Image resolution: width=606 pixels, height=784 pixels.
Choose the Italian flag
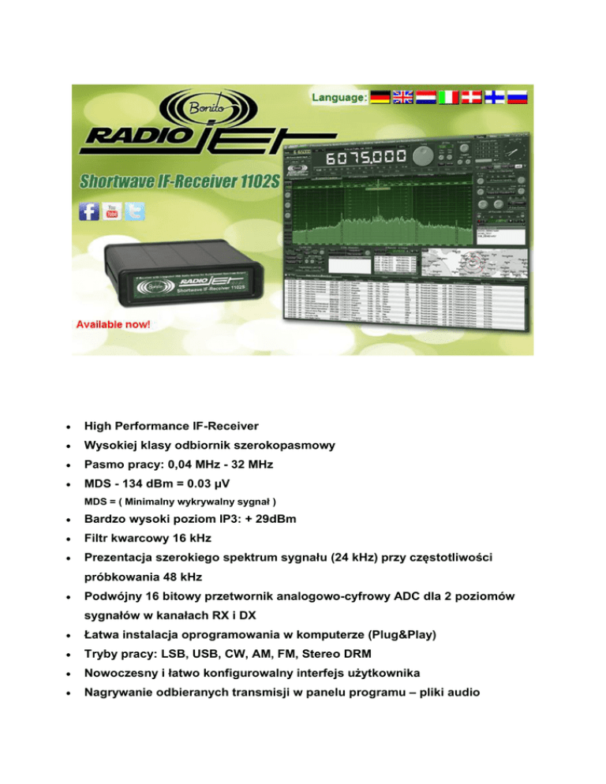449,98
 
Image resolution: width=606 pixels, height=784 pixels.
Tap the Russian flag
518,98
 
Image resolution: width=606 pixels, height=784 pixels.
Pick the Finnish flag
495,98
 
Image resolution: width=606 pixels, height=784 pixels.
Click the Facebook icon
88,211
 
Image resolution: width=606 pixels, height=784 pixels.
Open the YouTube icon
111,211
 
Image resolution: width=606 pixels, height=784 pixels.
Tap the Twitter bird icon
134,211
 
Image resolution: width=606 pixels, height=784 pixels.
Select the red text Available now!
114,324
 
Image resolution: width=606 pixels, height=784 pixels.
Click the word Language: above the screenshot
338,99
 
